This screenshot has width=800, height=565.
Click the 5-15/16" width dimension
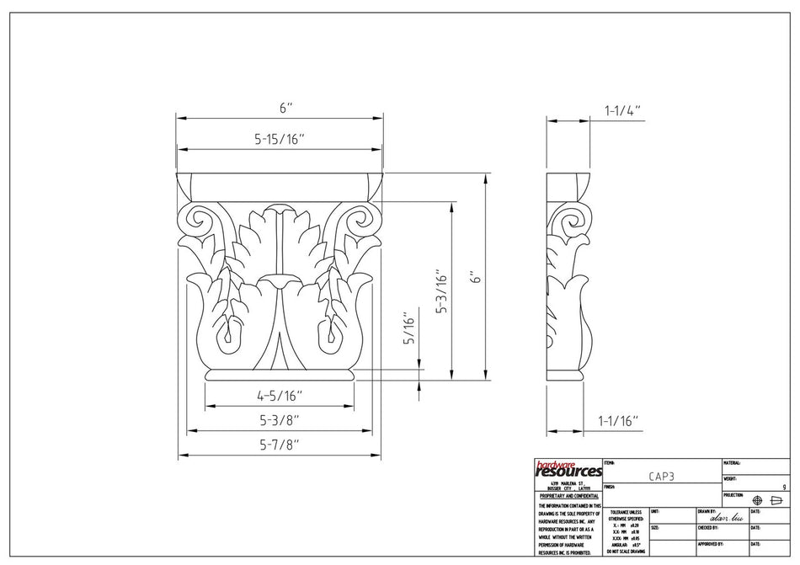279,140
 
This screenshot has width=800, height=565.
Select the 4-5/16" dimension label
279,395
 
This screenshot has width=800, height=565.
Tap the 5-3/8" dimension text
279,418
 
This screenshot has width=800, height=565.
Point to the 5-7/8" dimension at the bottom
279,444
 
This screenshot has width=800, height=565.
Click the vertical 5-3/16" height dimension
441,291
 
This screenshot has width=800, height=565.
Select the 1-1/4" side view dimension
622,109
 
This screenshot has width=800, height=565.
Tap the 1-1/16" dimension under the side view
618,419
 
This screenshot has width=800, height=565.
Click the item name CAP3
661,476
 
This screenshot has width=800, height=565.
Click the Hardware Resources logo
568,468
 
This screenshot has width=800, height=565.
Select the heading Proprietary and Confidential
568,497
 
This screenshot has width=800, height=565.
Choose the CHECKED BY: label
707,528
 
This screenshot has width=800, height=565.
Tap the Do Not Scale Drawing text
626,551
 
